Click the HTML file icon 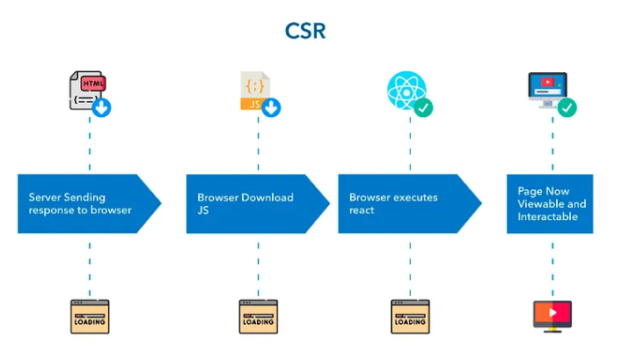(x=85, y=92)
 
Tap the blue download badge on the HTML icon (x=102, y=108)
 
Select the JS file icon (x=254, y=92)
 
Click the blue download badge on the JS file (x=272, y=108)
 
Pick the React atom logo (x=406, y=92)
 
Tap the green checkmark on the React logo (x=423, y=108)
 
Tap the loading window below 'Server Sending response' (x=90, y=316)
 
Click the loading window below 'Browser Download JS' (x=258, y=316)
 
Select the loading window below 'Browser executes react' (x=410, y=316)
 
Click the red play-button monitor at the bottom (x=552, y=316)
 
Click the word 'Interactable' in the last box (x=547, y=217)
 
